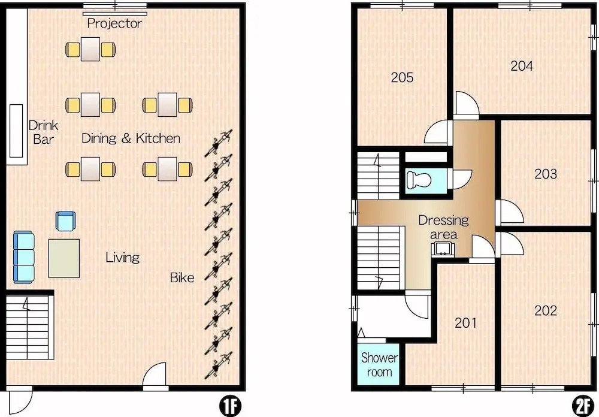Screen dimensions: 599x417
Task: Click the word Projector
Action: coord(114,23)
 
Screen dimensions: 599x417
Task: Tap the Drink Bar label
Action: coord(43,132)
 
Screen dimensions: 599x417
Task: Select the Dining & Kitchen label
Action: coord(131,138)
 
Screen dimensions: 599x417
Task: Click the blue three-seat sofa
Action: coord(24,257)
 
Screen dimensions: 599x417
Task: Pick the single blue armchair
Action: coord(66,221)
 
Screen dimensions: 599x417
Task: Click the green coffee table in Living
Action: coord(64,258)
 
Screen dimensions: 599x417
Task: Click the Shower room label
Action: coord(379,365)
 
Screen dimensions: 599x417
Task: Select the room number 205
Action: coord(402,78)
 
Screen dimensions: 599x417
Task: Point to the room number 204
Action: coord(522,66)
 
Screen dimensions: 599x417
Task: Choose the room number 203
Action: coord(546,174)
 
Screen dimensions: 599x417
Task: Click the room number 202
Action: coord(546,310)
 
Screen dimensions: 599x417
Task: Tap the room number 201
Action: coord(465,323)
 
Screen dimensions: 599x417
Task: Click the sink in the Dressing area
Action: coord(443,249)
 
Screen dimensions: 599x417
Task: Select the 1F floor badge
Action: coord(231,406)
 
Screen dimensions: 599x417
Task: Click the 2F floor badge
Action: coord(583,406)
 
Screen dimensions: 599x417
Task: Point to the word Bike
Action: coord(182,277)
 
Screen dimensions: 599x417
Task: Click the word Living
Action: coord(122,258)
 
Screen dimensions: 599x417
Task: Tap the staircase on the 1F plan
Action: coord(29,327)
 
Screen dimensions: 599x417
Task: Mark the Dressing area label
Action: coord(443,227)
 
